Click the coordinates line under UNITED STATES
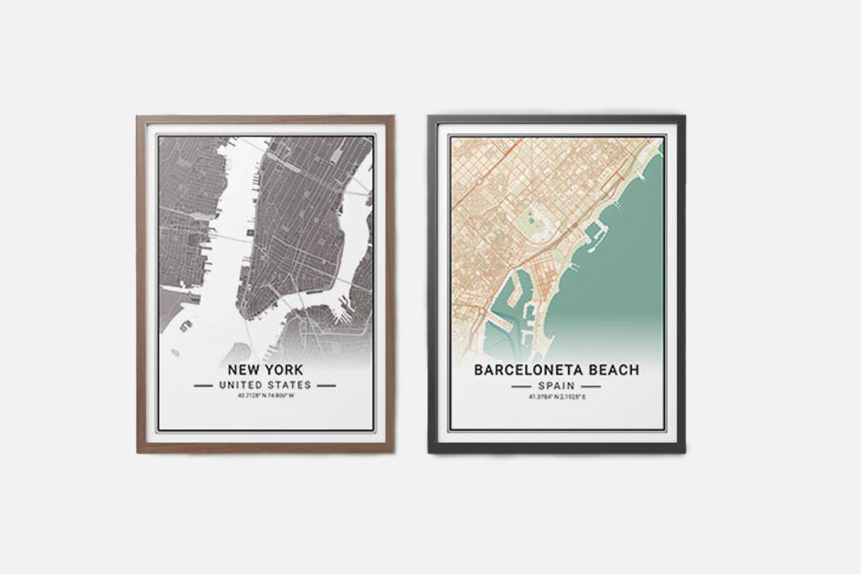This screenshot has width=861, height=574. pyautogui.click(x=265, y=395)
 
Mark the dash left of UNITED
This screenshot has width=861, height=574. pyautogui.click(x=204, y=386)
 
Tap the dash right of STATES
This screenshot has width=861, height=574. pyautogui.click(x=326, y=386)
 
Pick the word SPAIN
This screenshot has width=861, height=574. pyautogui.click(x=556, y=386)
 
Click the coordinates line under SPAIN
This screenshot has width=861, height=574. pyautogui.click(x=556, y=397)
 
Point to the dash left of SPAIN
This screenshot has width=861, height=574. pyautogui.click(x=521, y=387)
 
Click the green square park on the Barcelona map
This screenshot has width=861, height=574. pyautogui.click(x=535, y=222)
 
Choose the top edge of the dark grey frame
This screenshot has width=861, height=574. pyautogui.click(x=556, y=118)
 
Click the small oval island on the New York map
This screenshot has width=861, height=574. pyautogui.click(x=185, y=327)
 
